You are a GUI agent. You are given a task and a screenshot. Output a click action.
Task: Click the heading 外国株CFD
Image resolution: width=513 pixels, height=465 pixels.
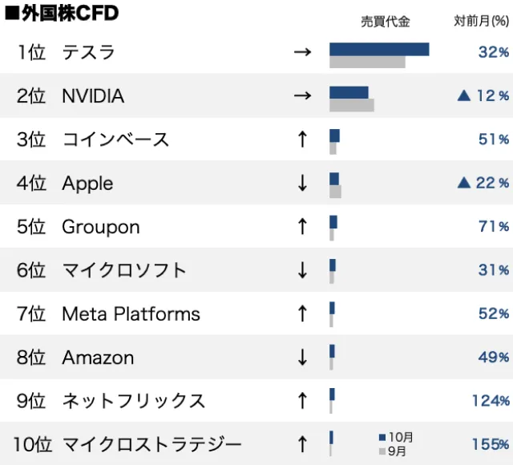pyautogui.click(x=62, y=13)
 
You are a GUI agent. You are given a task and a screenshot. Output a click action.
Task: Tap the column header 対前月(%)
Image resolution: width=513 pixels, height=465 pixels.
pyautogui.click(x=481, y=22)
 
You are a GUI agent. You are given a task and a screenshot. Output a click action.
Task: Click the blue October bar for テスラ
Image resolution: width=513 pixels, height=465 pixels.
pyautogui.click(x=379, y=49)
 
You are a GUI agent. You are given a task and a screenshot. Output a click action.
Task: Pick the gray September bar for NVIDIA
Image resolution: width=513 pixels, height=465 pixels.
pyautogui.click(x=351, y=104)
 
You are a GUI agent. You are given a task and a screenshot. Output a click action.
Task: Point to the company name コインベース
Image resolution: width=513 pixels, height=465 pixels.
pyautogui.click(x=115, y=139)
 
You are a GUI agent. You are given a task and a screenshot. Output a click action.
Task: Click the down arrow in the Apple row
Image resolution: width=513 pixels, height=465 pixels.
pyautogui.click(x=302, y=183)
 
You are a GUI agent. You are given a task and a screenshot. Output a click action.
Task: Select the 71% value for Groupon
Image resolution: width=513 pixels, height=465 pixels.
pyautogui.click(x=493, y=226)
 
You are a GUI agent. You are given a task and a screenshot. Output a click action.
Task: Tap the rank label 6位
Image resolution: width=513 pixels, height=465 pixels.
pyautogui.click(x=31, y=270)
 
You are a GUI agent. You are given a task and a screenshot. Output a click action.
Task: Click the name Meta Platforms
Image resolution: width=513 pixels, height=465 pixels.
pyautogui.click(x=131, y=313)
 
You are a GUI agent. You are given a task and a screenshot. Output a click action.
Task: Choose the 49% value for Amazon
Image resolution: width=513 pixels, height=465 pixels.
pyautogui.click(x=493, y=357)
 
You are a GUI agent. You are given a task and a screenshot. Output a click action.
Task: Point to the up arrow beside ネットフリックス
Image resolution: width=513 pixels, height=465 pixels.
pyautogui.click(x=302, y=400)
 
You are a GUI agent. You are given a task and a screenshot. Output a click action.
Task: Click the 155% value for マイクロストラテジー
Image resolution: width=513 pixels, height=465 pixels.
pyautogui.click(x=490, y=443)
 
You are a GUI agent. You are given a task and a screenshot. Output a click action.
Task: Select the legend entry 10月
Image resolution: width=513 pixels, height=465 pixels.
pyautogui.click(x=398, y=437)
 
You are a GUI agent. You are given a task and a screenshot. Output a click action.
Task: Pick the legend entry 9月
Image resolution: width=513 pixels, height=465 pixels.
pyautogui.click(x=395, y=451)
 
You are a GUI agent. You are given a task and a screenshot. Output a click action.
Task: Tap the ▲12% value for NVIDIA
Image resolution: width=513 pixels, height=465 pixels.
pyautogui.click(x=483, y=96)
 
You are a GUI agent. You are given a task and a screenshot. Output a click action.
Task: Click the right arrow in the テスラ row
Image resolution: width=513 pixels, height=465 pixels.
pyautogui.click(x=302, y=53)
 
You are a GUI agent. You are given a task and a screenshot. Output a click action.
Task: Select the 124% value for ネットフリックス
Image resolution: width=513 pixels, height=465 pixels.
pyautogui.click(x=490, y=400)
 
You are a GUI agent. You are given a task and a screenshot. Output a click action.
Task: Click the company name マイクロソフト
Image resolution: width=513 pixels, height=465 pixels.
pyautogui.click(x=123, y=270)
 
